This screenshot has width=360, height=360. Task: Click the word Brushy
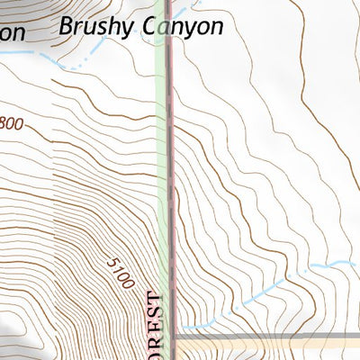tap(96, 27)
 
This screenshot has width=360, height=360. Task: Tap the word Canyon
tap(183, 27)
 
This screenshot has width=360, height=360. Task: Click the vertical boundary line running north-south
tap(170, 180)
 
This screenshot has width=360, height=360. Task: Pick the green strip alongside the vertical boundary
tap(161, 180)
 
